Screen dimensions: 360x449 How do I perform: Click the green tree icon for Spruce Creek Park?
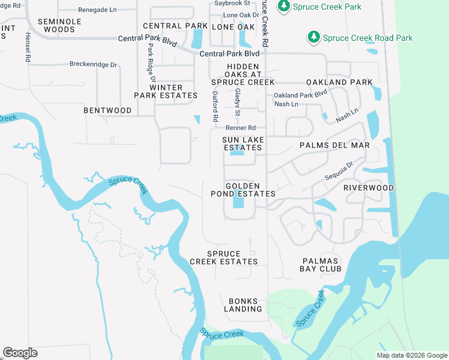click(x=283, y=6)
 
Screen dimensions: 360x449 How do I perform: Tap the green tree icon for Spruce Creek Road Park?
click(x=313, y=37)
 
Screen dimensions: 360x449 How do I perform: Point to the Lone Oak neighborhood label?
click(x=233, y=27)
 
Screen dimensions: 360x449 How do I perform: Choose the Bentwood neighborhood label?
click(x=107, y=110)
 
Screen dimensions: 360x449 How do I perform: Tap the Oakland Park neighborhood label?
click(x=339, y=82)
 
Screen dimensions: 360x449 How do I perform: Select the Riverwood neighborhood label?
click(x=368, y=188)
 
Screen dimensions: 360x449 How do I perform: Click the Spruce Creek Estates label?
click(x=223, y=257)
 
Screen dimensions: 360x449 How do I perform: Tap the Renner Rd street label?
click(x=241, y=128)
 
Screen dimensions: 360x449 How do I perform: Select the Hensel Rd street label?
click(x=28, y=47)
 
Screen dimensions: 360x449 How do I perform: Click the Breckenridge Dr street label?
click(x=93, y=64)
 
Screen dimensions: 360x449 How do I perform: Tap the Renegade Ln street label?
click(x=98, y=10)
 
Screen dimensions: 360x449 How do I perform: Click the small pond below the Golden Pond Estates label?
click(x=238, y=203)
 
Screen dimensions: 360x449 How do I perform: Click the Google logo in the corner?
click(x=20, y=353)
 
